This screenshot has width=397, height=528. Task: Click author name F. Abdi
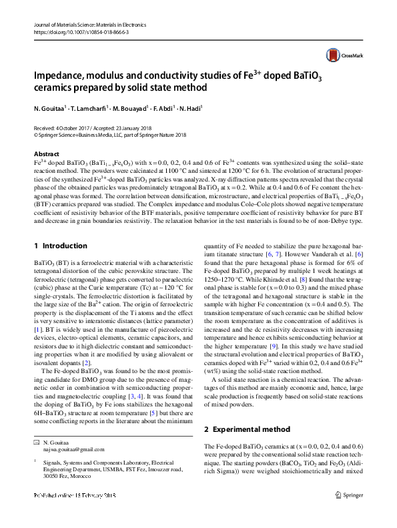(x=165, y=107)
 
